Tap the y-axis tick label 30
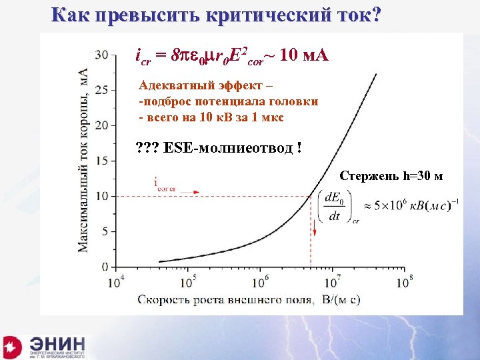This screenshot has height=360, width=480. pyautogui.click(x=102, y=54)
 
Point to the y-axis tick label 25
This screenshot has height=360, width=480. pyautogui.click(x=102, y=89)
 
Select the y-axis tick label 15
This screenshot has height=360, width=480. pyautogui.click(x=102, y=161)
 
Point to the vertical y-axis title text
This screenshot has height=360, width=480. pyautogui.click(x=84, y=160)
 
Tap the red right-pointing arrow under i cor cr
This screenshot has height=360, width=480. pyautogui.click(x=194, y=192)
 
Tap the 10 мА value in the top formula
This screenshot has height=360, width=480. pyautogui.click(x=305, y=55)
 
